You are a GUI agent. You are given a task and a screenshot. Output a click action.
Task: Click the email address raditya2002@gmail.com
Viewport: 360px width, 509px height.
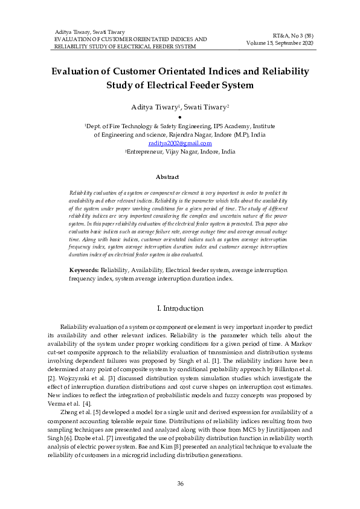click(x=179, y=143)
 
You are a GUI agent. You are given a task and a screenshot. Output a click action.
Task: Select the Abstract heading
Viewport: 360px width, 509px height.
click(x=167, y=177)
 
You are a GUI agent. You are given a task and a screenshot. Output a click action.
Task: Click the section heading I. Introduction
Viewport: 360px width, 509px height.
click(x=179, y=309)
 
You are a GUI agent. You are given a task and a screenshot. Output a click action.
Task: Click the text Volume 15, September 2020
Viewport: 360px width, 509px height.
click(x=280, y=43)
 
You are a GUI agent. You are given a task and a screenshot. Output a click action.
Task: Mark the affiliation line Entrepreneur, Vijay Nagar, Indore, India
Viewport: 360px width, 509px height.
click(x=179, y=152)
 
